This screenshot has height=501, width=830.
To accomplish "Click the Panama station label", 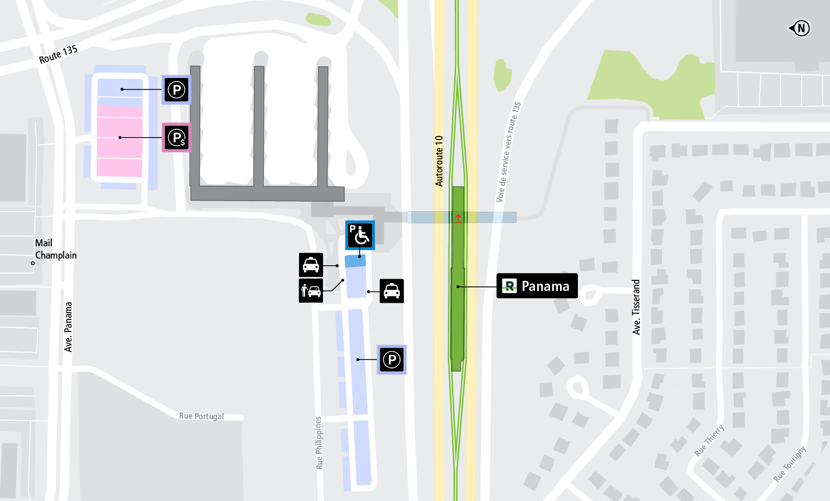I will [x=537, y=286].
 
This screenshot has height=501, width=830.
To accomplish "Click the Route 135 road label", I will [x=58, y=54].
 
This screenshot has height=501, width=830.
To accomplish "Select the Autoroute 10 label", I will [x=439, y=160].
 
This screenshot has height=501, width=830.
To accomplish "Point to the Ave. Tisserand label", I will [x=636, y=307].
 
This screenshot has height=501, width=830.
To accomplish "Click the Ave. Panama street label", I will [x=69, y=327].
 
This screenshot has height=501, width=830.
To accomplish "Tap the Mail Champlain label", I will [x=55, y=249].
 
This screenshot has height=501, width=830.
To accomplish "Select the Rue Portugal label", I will [x=201, y=416].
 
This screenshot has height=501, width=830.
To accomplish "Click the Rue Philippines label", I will [x=319, y=442].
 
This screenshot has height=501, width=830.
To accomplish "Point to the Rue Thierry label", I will [x=709, y=440].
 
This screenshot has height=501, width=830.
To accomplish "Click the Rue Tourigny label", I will [x=790, y=464].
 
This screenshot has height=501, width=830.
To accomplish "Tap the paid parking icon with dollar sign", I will [x=177, y=138].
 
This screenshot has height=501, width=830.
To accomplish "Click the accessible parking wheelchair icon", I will [x=360, y=235].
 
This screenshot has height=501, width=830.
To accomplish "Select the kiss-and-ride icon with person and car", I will [x=311, y=290].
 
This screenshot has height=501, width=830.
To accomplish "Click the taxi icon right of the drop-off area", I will [x=392, y=291].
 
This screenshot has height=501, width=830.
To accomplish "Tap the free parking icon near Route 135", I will [x=177, y=90].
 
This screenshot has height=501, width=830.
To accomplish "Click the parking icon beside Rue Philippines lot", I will [x=392, y=359].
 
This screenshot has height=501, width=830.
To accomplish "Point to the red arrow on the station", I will [x=458, y=218].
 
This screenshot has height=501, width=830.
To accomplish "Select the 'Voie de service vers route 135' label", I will [x=508, y=152].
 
